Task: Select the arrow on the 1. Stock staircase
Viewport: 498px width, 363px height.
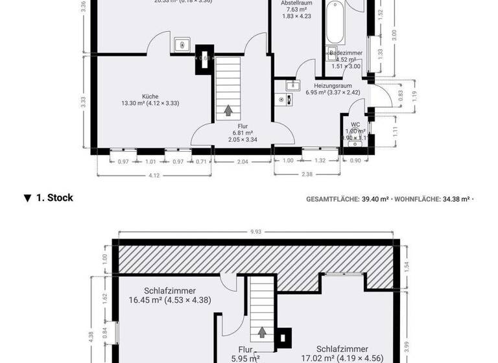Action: click(x=262, y=332)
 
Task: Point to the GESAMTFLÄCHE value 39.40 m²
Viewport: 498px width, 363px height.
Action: click(x=375, y=199)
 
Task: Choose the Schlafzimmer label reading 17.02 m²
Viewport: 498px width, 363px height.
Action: click(x=343, y=353)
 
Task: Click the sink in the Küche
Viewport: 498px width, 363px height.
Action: click(x=182, y=45)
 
